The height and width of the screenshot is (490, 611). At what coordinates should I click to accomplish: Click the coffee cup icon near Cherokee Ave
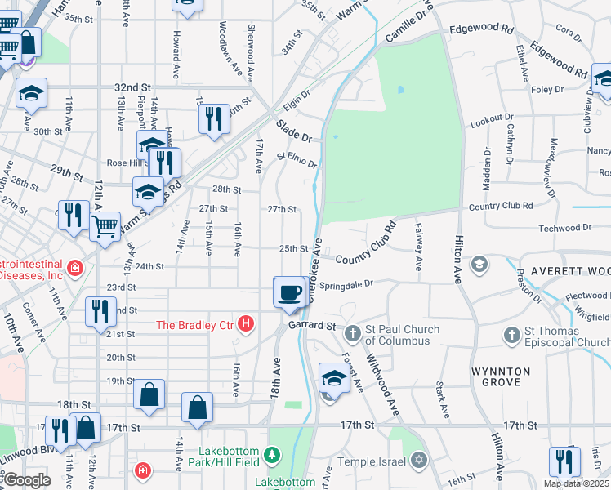pos(290,292)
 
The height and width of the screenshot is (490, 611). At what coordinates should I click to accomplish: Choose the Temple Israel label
pos(377,462)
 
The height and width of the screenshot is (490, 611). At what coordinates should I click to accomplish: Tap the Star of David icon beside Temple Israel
pos(419,461)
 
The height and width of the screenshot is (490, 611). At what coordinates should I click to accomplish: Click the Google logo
pos(27,480)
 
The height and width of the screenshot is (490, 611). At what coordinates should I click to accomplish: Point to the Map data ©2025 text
pos(576,483)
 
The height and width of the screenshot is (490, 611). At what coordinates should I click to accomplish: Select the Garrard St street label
pos(311,326)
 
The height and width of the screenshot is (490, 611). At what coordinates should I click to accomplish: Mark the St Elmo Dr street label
pos(297,159)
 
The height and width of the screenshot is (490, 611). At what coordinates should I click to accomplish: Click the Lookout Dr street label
pos(493,120)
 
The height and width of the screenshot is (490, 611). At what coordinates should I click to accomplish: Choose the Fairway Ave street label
pos(418,247)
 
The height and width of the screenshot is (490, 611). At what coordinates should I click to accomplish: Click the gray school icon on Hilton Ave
pos(479,264)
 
